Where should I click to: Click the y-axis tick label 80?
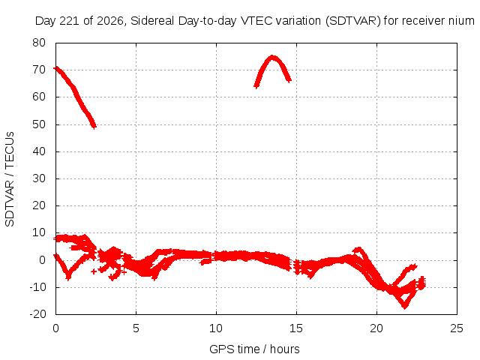pos(39,43)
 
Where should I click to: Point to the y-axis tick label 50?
pos(39,124)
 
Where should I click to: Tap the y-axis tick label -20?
pos(37,314)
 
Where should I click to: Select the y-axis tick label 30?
pos(39,178)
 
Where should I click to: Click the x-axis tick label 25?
pos(457,328)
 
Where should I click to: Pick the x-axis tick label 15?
pos(296,328)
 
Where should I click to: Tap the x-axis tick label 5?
pos(136,328)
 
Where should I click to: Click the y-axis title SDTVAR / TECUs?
pos(10,179)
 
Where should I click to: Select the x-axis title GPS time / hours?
pos(254,349)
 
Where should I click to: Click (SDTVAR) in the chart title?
pos(353,21)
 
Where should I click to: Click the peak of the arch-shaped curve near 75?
pos(272,57)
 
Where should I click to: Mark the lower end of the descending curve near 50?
pos(94,126)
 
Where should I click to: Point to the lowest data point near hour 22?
pos(405,306)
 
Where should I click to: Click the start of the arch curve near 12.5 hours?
pos(256,86)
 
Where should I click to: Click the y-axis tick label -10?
pos(37,287)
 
